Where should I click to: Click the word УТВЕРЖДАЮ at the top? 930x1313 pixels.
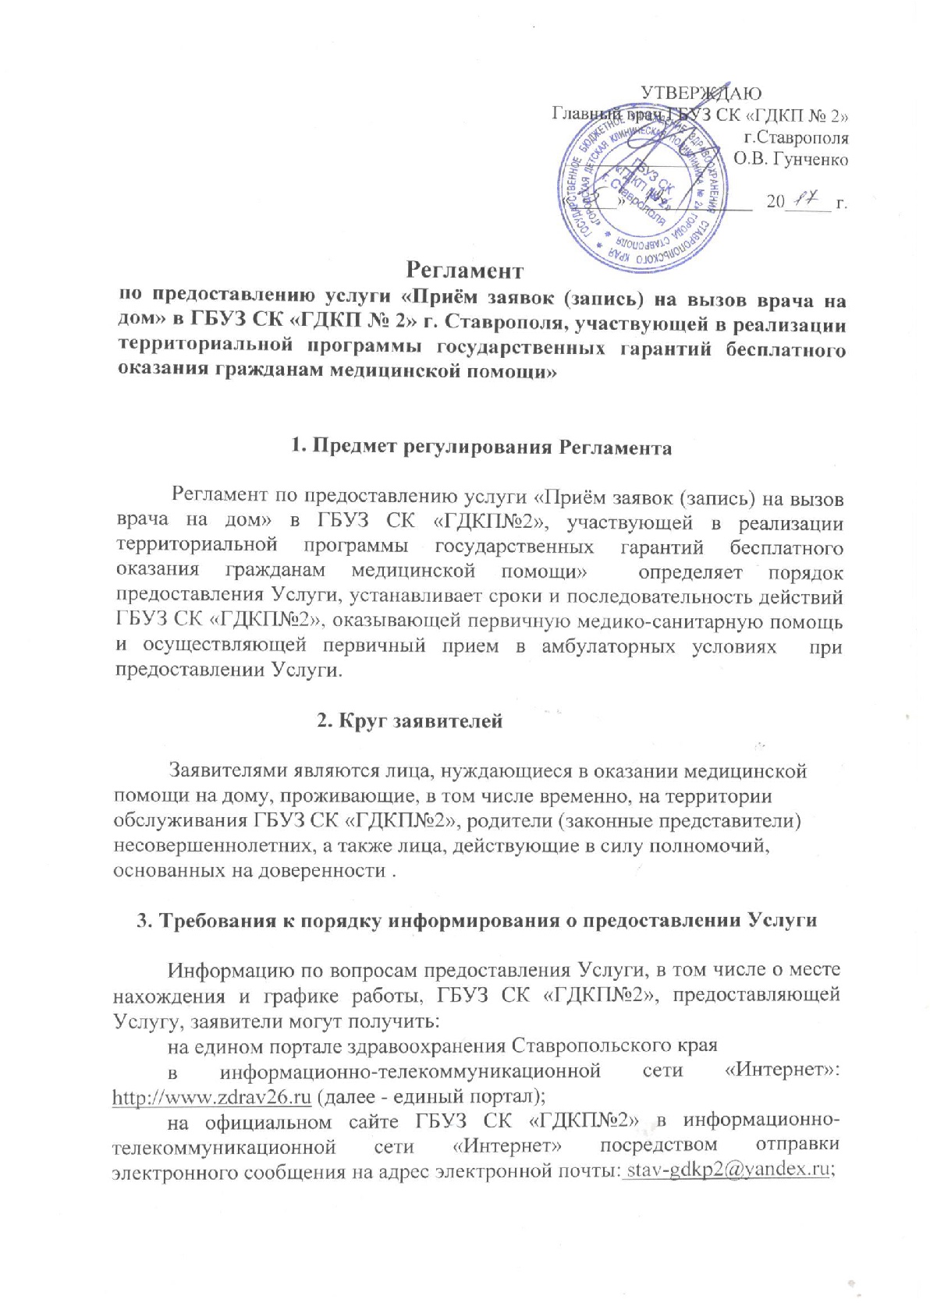[701, 94]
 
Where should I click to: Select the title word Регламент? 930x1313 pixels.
[465, 271]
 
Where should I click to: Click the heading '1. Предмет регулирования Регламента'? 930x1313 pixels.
[481, 448]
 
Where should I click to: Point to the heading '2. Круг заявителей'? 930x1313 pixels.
[410, 721]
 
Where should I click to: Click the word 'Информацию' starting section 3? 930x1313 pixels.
[226, 971]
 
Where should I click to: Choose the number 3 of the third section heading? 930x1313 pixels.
[143, 921]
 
